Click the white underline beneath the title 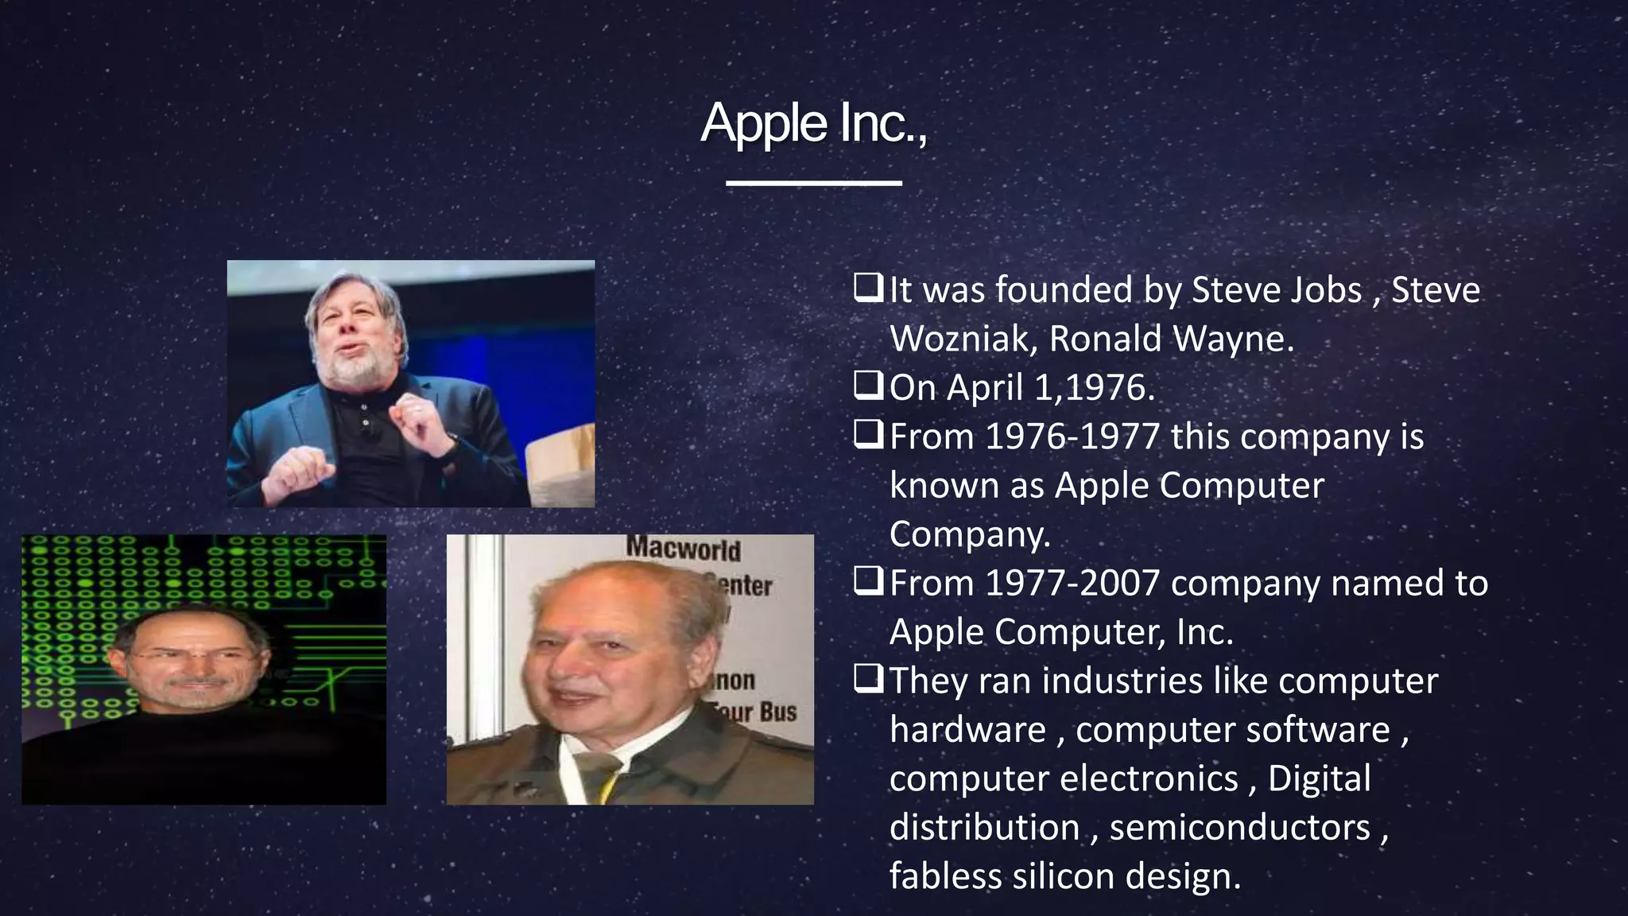pos(813,184)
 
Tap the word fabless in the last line pos(945,876)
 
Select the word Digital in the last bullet pos(1319,779)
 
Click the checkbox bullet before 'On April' pos(867,387)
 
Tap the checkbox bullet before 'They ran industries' pos(867,680)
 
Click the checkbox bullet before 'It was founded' pos(867,289)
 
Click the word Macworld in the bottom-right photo pos(683,548)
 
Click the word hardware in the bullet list pos(967,730)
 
